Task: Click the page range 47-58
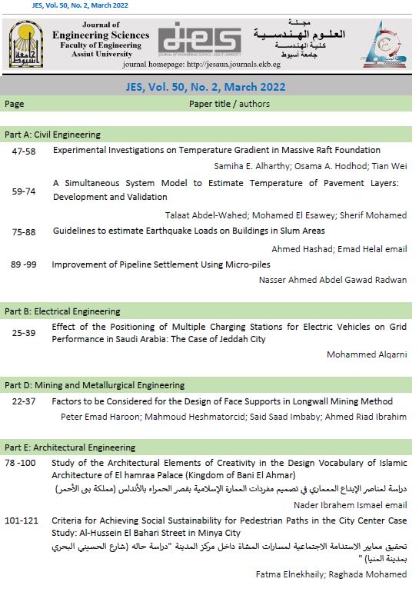pyautogui.click(x=24, y=151)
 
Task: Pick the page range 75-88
pyautogui.click(x=24, y=231)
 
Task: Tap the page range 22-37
pyautogui.click(x=24, y=401)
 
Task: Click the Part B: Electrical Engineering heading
pyautogui.click(x=62, y=311)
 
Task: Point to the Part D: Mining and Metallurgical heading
pyautogui.click(x=95, y=385)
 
